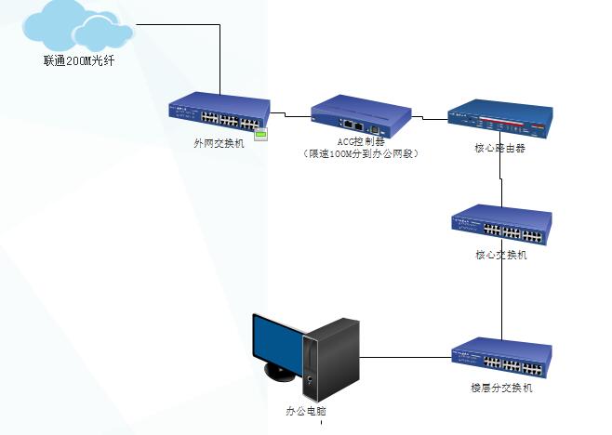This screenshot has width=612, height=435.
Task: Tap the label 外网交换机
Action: click(x=220, y=144)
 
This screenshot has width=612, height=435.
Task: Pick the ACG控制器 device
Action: click(x=361, y=114)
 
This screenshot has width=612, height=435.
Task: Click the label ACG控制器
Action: click(x=360, y=142)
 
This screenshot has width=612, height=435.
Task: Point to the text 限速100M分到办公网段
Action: click(x=361, y=154)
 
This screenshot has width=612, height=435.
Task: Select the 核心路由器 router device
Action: click(x=499, y=116)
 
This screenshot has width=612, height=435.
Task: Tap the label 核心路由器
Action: click(x=500, y=148)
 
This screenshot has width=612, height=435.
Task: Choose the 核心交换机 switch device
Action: click(x=501, y=224)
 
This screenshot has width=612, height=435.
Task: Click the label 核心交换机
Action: click(x=500, y=255)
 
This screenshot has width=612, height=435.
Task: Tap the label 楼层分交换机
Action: click(x=501, y=389)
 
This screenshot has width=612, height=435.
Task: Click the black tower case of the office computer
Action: click(x=333, y=358)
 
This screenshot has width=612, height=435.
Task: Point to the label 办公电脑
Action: click(x=306, y=410)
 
